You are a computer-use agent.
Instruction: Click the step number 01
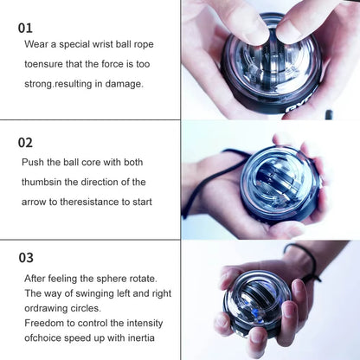26,28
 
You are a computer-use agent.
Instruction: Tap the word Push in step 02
35,162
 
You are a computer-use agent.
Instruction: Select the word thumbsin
45,182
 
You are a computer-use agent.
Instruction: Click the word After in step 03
36,278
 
